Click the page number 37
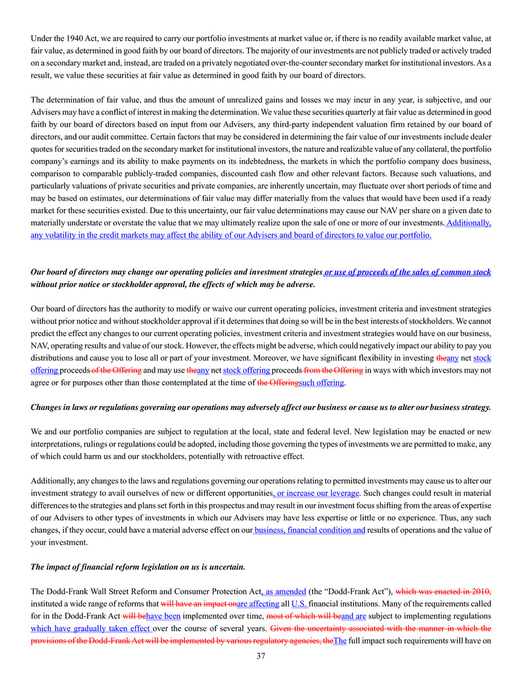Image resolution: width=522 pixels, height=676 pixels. tap(261, 656)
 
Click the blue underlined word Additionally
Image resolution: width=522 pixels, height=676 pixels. tap(468, 222)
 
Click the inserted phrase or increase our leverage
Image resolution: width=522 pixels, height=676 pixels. tap(316, 493)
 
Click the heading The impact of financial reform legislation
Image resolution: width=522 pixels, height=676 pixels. tap(138, 567)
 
